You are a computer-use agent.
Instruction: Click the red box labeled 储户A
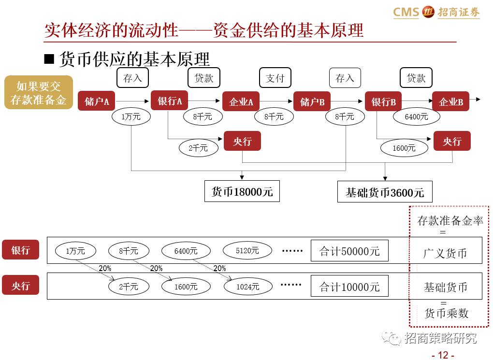pos(97,101)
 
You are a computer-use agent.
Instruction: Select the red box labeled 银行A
pos(170,101)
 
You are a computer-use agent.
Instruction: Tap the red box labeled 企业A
pos(241,101)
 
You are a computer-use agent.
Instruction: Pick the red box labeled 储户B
pos(312,101)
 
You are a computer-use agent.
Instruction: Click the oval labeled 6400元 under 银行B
pos(416,116)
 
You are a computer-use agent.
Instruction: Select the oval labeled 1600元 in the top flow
pos(404,148)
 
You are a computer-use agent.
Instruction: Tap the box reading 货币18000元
pos(242,191)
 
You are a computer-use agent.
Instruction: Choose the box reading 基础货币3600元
pos(384,192)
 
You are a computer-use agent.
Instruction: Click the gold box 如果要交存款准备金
pos(39,93)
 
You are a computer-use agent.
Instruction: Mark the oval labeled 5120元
pos(247,250)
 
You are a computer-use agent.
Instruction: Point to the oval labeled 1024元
pos(247,287)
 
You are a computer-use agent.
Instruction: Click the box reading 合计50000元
pos(349,251)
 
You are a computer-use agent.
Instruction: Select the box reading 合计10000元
pos(349,287)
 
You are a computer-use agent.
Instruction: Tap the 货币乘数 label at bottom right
pos(446,313)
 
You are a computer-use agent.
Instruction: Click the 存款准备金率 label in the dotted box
pos(450,221)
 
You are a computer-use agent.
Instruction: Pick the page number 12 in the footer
pos(443,355)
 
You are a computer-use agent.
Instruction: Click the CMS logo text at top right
pos(406,12)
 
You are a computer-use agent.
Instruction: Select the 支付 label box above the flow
pos(275,78)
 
